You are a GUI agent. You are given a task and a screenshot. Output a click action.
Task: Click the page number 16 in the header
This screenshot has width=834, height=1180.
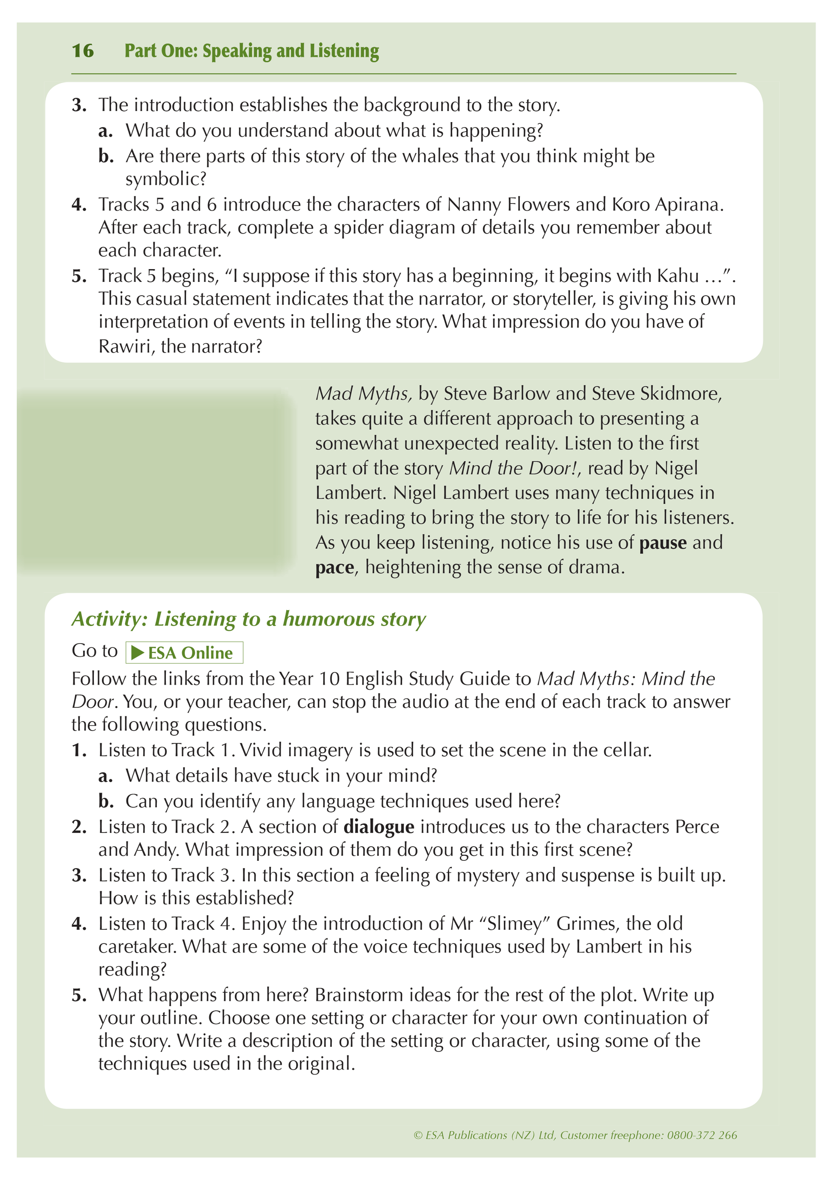tap(83, 51)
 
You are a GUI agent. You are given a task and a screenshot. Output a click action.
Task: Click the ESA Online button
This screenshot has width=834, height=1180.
tap(184, 653)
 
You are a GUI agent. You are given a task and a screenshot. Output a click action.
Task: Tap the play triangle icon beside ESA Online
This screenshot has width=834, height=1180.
tap(137, 653)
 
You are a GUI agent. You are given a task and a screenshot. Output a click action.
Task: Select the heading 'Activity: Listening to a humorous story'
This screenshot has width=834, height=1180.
tap(248, 619)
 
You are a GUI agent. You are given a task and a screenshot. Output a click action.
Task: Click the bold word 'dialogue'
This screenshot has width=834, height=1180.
tap(378, 827)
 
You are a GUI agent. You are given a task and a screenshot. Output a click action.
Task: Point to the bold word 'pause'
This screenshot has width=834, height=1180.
tap(663, 543)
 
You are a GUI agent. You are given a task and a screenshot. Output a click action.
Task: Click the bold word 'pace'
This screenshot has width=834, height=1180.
tap(334, 567)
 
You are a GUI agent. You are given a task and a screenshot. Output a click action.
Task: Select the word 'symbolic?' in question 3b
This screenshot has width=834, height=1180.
tap(165, 179)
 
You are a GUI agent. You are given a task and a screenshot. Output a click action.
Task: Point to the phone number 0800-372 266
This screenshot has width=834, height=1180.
tap(702, 1135)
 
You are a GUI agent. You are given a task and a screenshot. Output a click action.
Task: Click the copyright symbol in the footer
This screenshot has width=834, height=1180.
tap(418, 1135)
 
